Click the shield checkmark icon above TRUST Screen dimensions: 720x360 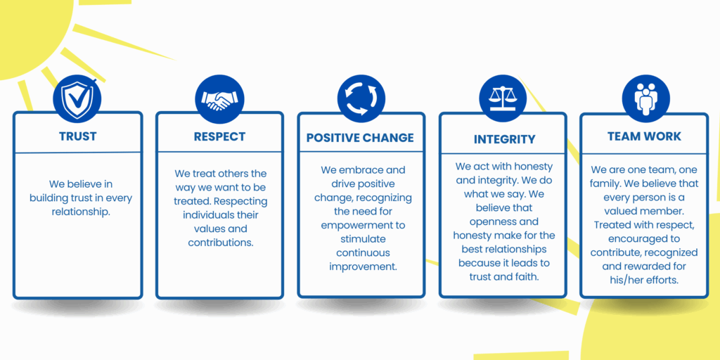tap(77, 99)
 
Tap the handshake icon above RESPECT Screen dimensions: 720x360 tap(219, 99)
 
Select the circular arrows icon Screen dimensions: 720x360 tap(361, 99)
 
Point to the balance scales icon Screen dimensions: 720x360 tap(503, 99)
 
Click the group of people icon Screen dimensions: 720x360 tap(645, 99)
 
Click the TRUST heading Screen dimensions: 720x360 tap(77, 136)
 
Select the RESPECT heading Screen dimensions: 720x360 tap(219, 137)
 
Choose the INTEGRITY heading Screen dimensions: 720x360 tap(505, 139)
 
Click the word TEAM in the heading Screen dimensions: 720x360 tap(623, 136)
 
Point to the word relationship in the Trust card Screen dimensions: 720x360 tap(81, 212)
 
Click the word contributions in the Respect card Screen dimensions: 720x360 tap(221, 243)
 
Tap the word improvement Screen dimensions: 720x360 tap(363, 266)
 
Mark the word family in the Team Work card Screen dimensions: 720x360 tap(605, 184)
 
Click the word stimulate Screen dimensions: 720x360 tap(363, 239)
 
